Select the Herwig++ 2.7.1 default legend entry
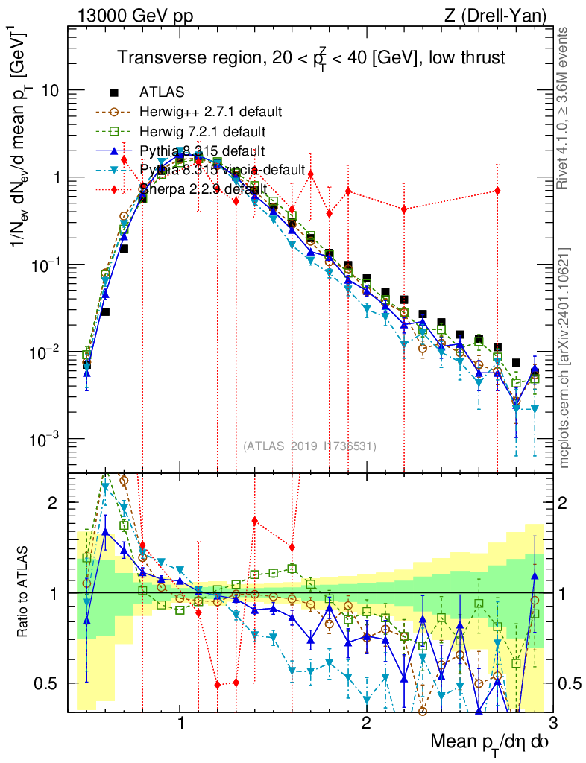pyautogui.click(x=210, y=112)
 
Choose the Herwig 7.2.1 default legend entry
pyautogui.click(x=203, y=131)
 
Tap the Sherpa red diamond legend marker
pyautogui.click(x=114, y=189)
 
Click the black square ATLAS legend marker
pyautogui.click(x=114, y=92)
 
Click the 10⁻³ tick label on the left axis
pyautogui.click(x=46, y=440)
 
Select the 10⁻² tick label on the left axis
pyautogui.click(x=46, y=352)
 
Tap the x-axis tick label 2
pyautogui.click(x=366, y=723)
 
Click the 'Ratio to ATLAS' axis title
pyautogui.click(x=25, y=592)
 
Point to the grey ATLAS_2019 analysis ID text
pyautogui.click(x=309, y=446)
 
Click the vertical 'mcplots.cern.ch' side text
pyautogui.click(x=564, y=358)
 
